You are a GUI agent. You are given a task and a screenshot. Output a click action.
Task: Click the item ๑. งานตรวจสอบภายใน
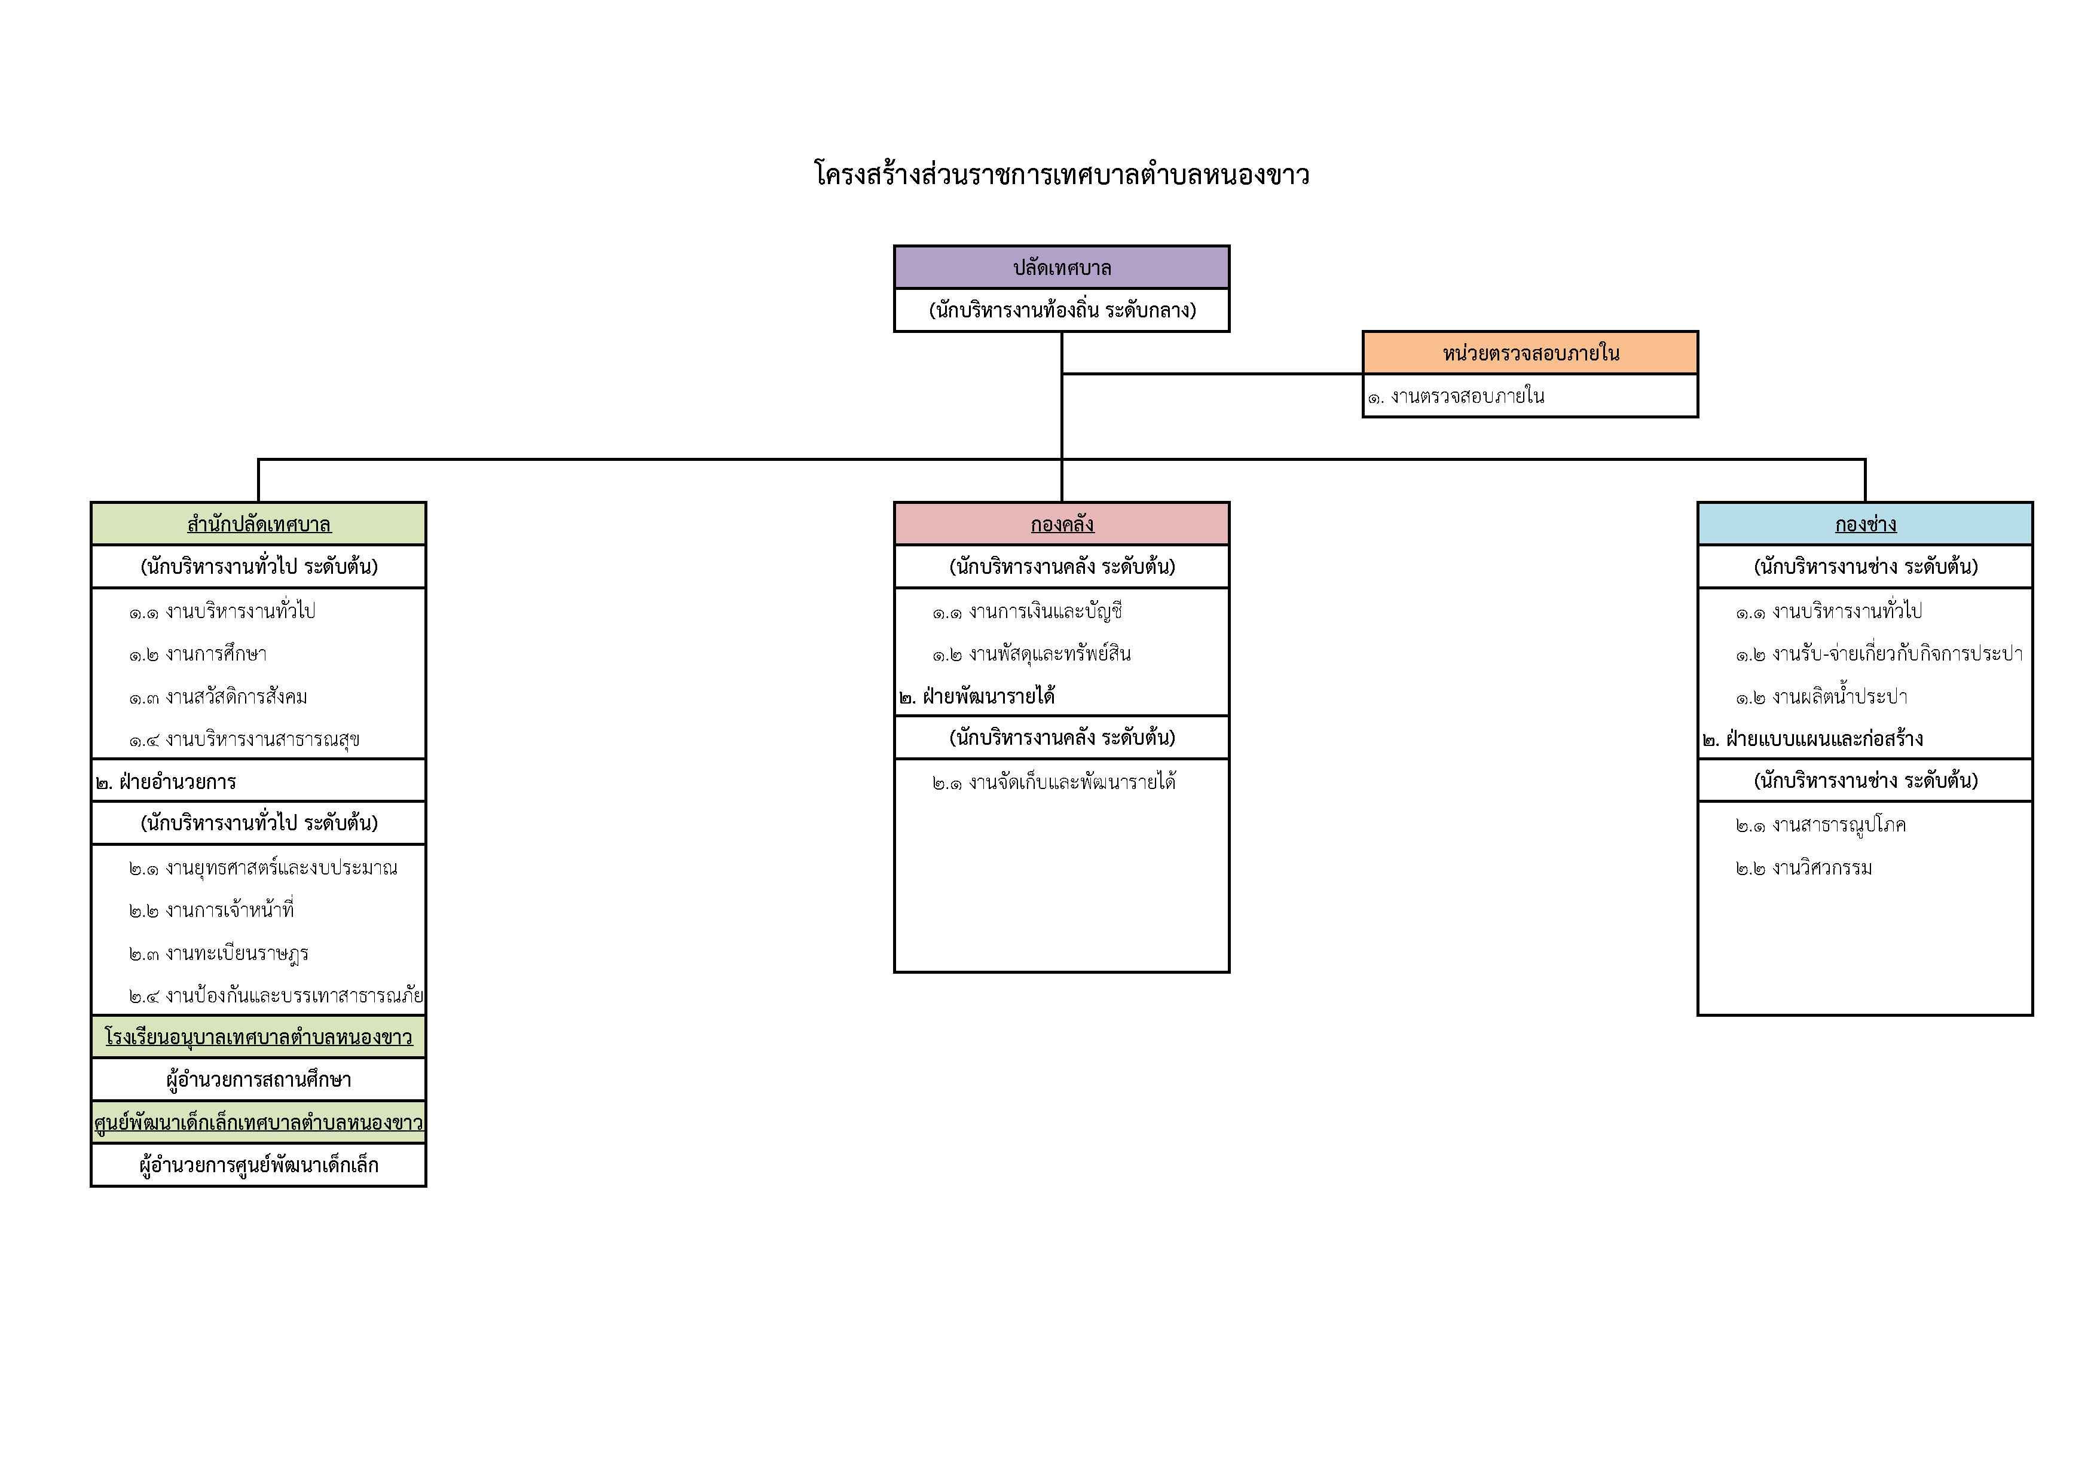1456,396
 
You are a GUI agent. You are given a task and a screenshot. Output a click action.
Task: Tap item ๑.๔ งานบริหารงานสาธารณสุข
244,739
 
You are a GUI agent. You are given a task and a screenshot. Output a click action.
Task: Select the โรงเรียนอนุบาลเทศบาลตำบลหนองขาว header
258,1036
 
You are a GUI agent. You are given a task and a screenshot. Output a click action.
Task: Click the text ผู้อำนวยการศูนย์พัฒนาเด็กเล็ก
258,1165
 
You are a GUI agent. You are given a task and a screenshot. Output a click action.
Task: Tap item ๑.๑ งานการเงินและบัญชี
1028,611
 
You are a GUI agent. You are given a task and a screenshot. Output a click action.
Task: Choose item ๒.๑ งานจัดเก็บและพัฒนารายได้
1054,782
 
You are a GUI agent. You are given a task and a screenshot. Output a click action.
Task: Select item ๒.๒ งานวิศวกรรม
1804,867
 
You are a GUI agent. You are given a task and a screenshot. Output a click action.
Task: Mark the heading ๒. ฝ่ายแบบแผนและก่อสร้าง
1813,739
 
